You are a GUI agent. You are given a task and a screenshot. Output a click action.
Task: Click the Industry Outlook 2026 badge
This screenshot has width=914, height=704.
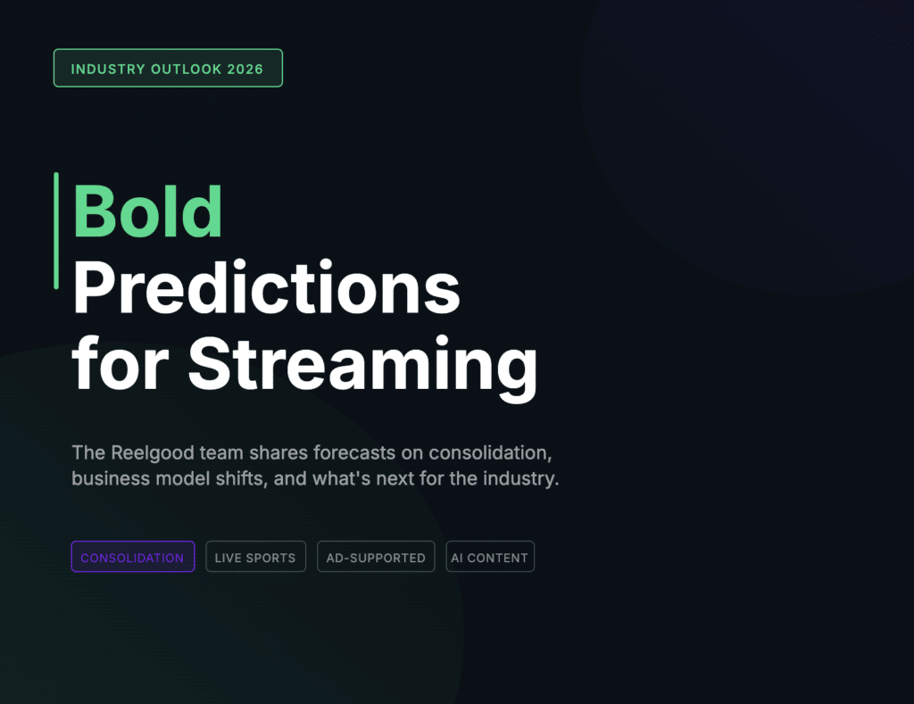click(168, 69)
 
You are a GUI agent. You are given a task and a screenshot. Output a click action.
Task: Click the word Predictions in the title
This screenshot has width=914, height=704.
click(266, 288)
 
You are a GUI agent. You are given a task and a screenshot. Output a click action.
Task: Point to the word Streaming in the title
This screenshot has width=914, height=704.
click(362, 366)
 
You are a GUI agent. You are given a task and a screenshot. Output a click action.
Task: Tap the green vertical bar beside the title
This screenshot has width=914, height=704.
click(56, 230)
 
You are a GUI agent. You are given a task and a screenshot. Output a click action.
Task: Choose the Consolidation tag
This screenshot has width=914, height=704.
click(133, 558)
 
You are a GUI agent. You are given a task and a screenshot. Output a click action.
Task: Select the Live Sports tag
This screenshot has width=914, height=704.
click(255, 558)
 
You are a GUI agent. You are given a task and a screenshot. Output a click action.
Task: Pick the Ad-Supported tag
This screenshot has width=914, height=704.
click(376, 558)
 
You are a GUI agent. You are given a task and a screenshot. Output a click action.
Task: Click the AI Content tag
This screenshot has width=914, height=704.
click(490, 558)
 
